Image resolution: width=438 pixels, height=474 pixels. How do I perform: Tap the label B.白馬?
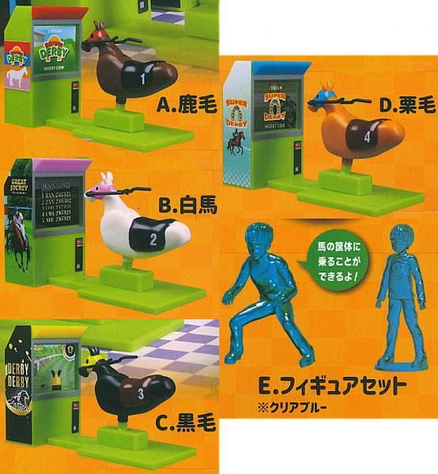(x=185, y=206)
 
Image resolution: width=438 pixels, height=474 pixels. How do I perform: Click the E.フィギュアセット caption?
(x=333, y=386)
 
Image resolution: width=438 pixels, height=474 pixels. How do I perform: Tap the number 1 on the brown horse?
(x=142, y=78)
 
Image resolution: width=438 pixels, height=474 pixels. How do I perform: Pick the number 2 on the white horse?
(x=154, y=235)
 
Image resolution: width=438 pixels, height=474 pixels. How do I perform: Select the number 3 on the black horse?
(x=140, y=391)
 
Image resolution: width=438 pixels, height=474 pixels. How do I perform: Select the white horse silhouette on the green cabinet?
(x=17, y=77)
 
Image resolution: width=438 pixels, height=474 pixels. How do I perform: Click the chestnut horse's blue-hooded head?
(x=327, y=95)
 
